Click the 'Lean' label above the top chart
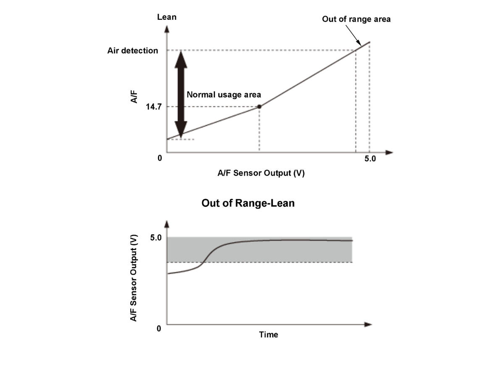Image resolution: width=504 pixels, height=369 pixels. click(167, 17)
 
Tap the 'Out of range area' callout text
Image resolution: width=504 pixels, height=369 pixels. click(356, 19)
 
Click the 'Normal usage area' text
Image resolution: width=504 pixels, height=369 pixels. click(224, 95)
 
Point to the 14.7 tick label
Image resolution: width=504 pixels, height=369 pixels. click(154, 107)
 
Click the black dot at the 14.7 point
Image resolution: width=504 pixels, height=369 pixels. click(259, 107)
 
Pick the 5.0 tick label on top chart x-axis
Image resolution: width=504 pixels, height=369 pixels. click(370, 159)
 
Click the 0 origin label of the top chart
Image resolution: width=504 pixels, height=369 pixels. click(160, 158)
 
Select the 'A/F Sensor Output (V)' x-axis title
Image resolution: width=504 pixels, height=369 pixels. click(261, 173)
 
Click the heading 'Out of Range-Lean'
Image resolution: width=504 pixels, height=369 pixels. click(248, 203)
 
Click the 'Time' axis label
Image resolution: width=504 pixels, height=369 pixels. click(268, 335)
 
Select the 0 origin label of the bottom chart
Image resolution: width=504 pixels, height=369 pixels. click(159, 328)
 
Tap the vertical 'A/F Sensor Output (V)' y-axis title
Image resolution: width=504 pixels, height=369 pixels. click(134, 278)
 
